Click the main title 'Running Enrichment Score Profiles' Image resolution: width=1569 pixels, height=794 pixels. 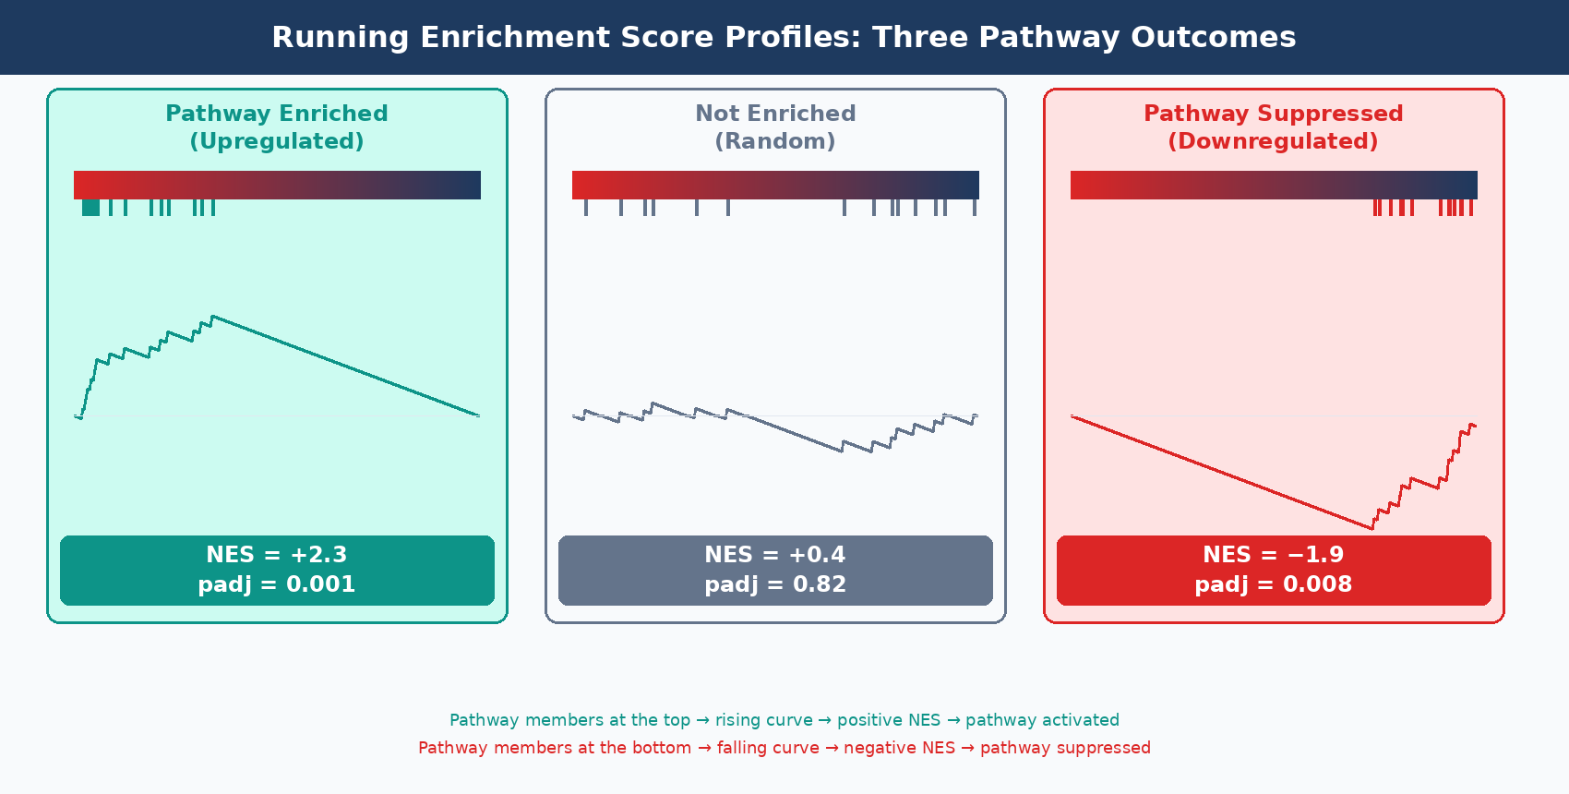pos(784,37)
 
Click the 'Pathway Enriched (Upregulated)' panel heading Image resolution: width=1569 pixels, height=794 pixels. pos(277,126)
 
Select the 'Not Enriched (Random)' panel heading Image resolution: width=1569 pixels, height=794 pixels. pos(775,126)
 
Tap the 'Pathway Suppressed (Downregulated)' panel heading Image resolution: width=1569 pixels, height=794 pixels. pos(1273,126)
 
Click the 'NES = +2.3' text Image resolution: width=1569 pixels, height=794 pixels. pos(277,555)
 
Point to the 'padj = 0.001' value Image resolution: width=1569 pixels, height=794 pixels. pos(277,584)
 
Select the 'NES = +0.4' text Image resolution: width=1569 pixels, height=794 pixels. pos(775,555)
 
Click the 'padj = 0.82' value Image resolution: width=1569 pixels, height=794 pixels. pos(775,584)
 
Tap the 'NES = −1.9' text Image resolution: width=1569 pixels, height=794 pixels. pos(1273,555)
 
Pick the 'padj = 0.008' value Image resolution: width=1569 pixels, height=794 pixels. pos(1273,584)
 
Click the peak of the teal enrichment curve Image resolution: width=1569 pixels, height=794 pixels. pos(213,317)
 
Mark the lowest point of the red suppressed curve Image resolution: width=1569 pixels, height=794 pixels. pos(1371,528)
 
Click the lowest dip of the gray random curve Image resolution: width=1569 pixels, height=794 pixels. pos(841,451)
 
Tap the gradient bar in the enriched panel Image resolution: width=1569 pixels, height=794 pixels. pos(277,185)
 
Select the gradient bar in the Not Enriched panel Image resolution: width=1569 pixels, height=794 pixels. pos(775,185)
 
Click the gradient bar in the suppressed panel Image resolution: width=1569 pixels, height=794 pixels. pos(1274,185)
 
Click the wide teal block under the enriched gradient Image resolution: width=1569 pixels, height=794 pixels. pos(90,208)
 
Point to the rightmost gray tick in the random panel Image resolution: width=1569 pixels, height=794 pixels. pos(975,208)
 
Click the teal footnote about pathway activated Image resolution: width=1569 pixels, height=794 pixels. pos(784,720)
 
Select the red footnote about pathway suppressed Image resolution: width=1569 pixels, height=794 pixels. pos(784,748)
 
